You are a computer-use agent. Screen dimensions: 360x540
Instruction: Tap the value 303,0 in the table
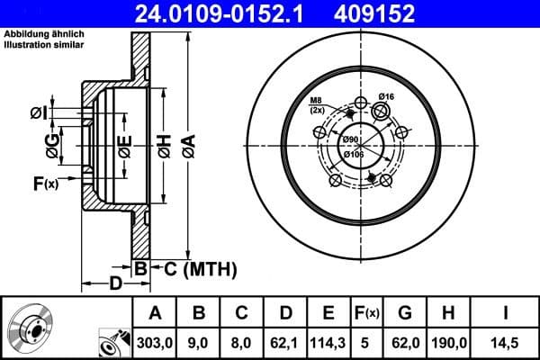155,343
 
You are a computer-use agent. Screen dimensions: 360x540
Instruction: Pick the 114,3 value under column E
328,343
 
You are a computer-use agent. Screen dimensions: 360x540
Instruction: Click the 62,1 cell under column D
285,343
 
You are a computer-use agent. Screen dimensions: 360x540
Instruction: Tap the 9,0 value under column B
198,343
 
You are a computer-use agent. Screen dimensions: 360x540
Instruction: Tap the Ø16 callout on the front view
387,97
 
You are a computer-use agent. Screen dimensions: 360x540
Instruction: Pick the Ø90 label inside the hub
350,139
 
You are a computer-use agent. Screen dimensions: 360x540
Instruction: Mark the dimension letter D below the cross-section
114,285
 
